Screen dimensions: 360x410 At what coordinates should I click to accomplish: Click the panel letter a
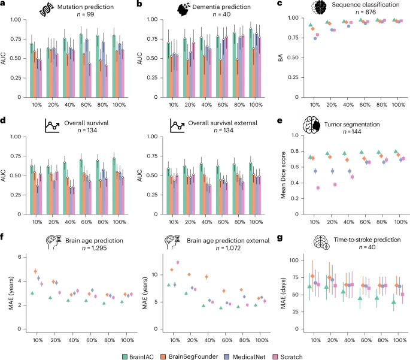coord(4,4)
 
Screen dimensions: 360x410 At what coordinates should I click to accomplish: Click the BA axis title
coord(281,58)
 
